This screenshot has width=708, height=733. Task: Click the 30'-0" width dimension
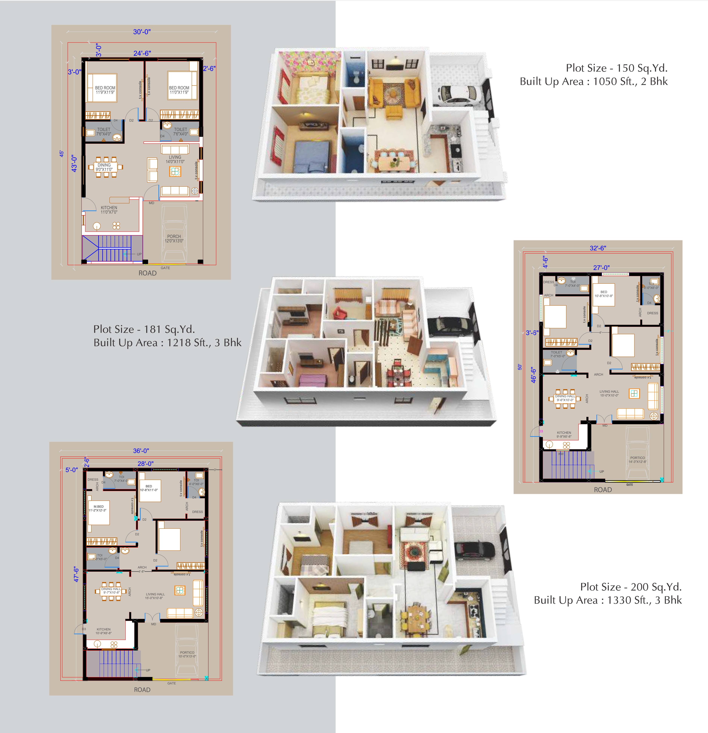tap(142, 32)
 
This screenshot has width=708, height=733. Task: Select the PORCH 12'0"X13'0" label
tap(174, 239)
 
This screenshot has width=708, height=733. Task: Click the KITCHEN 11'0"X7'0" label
tap(109, 210)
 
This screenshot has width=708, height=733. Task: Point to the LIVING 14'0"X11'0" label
tap(175, 159)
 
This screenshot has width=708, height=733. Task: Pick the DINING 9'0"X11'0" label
tap(104, 167)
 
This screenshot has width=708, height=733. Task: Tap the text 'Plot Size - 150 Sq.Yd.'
tap(616, 68)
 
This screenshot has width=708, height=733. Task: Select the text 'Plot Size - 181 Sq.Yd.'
tap(144, 329)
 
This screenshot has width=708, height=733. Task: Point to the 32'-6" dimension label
tap(598, 248)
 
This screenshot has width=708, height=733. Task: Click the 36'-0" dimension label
tap(141, 451)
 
